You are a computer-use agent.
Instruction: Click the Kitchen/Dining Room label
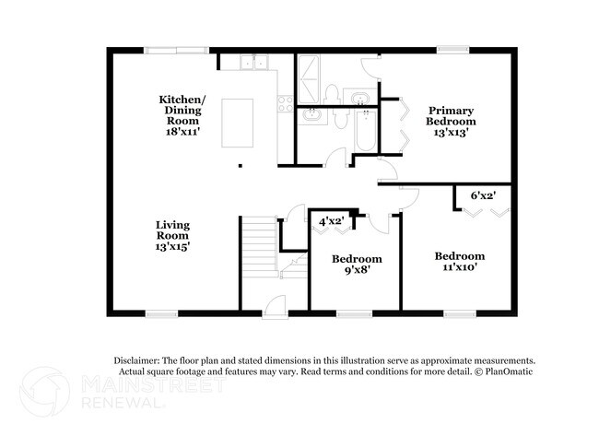point(182,115)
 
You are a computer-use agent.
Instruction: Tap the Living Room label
point(172,236)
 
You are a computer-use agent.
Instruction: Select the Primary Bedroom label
point(452,121)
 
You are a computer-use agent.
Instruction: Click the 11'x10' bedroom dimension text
point(460,268)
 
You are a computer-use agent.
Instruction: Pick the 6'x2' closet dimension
point(484,195)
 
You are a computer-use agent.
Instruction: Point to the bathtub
point(365,132)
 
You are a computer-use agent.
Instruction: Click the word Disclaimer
point(137,359)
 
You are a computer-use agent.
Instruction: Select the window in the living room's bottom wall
point(162,313)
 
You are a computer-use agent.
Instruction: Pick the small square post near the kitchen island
point(241,166)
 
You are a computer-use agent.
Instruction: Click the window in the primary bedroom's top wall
point(452,50)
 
